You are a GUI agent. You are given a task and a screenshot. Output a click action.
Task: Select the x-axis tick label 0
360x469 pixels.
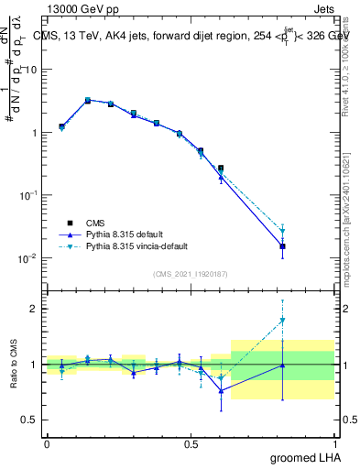(x=47, y=443)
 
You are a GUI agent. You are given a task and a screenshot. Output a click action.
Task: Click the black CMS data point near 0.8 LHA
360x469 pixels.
(x=283, y=246)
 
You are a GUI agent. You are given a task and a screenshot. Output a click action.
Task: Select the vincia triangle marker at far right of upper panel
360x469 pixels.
(x=283, y=231)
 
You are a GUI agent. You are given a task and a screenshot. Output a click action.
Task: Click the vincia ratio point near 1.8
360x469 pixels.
(x=283, y=320)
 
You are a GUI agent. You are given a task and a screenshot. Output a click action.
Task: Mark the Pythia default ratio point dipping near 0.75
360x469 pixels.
(x=221, y=390)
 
